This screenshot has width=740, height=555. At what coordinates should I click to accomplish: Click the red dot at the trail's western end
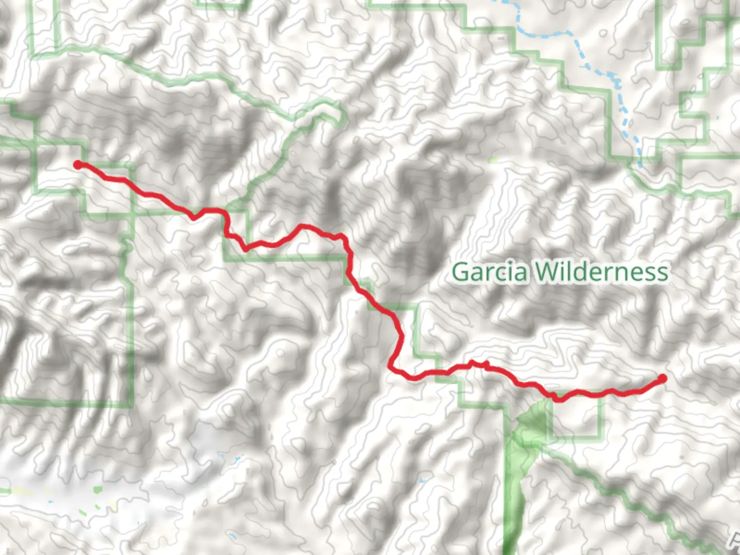pyautogui.click(x=78, y=164)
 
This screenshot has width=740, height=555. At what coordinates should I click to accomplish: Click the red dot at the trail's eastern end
pyautogui.click(x=662, y=379)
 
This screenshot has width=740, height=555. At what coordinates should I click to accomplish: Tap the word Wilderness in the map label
pyautogui.click(x=602, y=272)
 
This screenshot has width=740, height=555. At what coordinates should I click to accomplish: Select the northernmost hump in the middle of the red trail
pyautogui.click(x=303, y=226)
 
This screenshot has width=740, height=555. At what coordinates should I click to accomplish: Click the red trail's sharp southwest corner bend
pyautogui.click(x=392, y=367)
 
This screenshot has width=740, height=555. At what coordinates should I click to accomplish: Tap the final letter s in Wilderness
pyautogui.click(x=663, y=272)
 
